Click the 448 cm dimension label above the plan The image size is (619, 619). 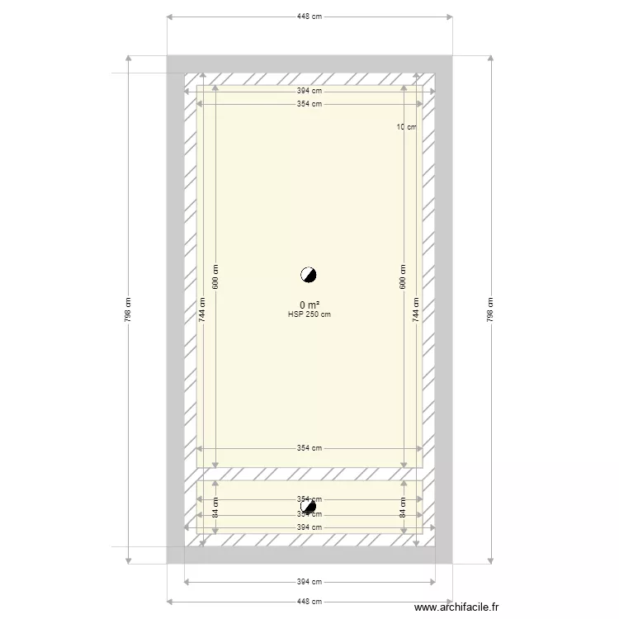pyautogui.click(x=309, y=17)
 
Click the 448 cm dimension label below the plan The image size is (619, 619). pyautogui.click(x=309, y=602)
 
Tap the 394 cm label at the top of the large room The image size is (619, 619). pyautogui.click(x=309, y=92)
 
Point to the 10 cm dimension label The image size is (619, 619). pyautogui.click(x=405, y=127)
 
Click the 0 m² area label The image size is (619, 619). pyautogui.click(x=309, y=305)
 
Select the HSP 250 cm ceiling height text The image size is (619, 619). pyautogui.click(x=309, y=314)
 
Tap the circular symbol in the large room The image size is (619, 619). pyautogui.click(x=309, y=275)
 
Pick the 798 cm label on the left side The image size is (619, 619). pyautogui.click(x=128, y=309)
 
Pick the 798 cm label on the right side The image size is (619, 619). pyautogui.click(x=490, y=309)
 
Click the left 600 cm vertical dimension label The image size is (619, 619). pyautogui.click(x=216, y=276)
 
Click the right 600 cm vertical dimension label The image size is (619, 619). pyautogui.click(x=403, y=276)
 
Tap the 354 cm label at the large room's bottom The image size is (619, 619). pyautogui.click(x=309, y=448)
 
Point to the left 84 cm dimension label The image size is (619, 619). pyautogui.click(x=216, y=507)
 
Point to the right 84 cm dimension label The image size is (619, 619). pyautogui.click(x=403, y=507)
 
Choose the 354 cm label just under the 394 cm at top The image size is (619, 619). pyautogui.click(x=309, y=104)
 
